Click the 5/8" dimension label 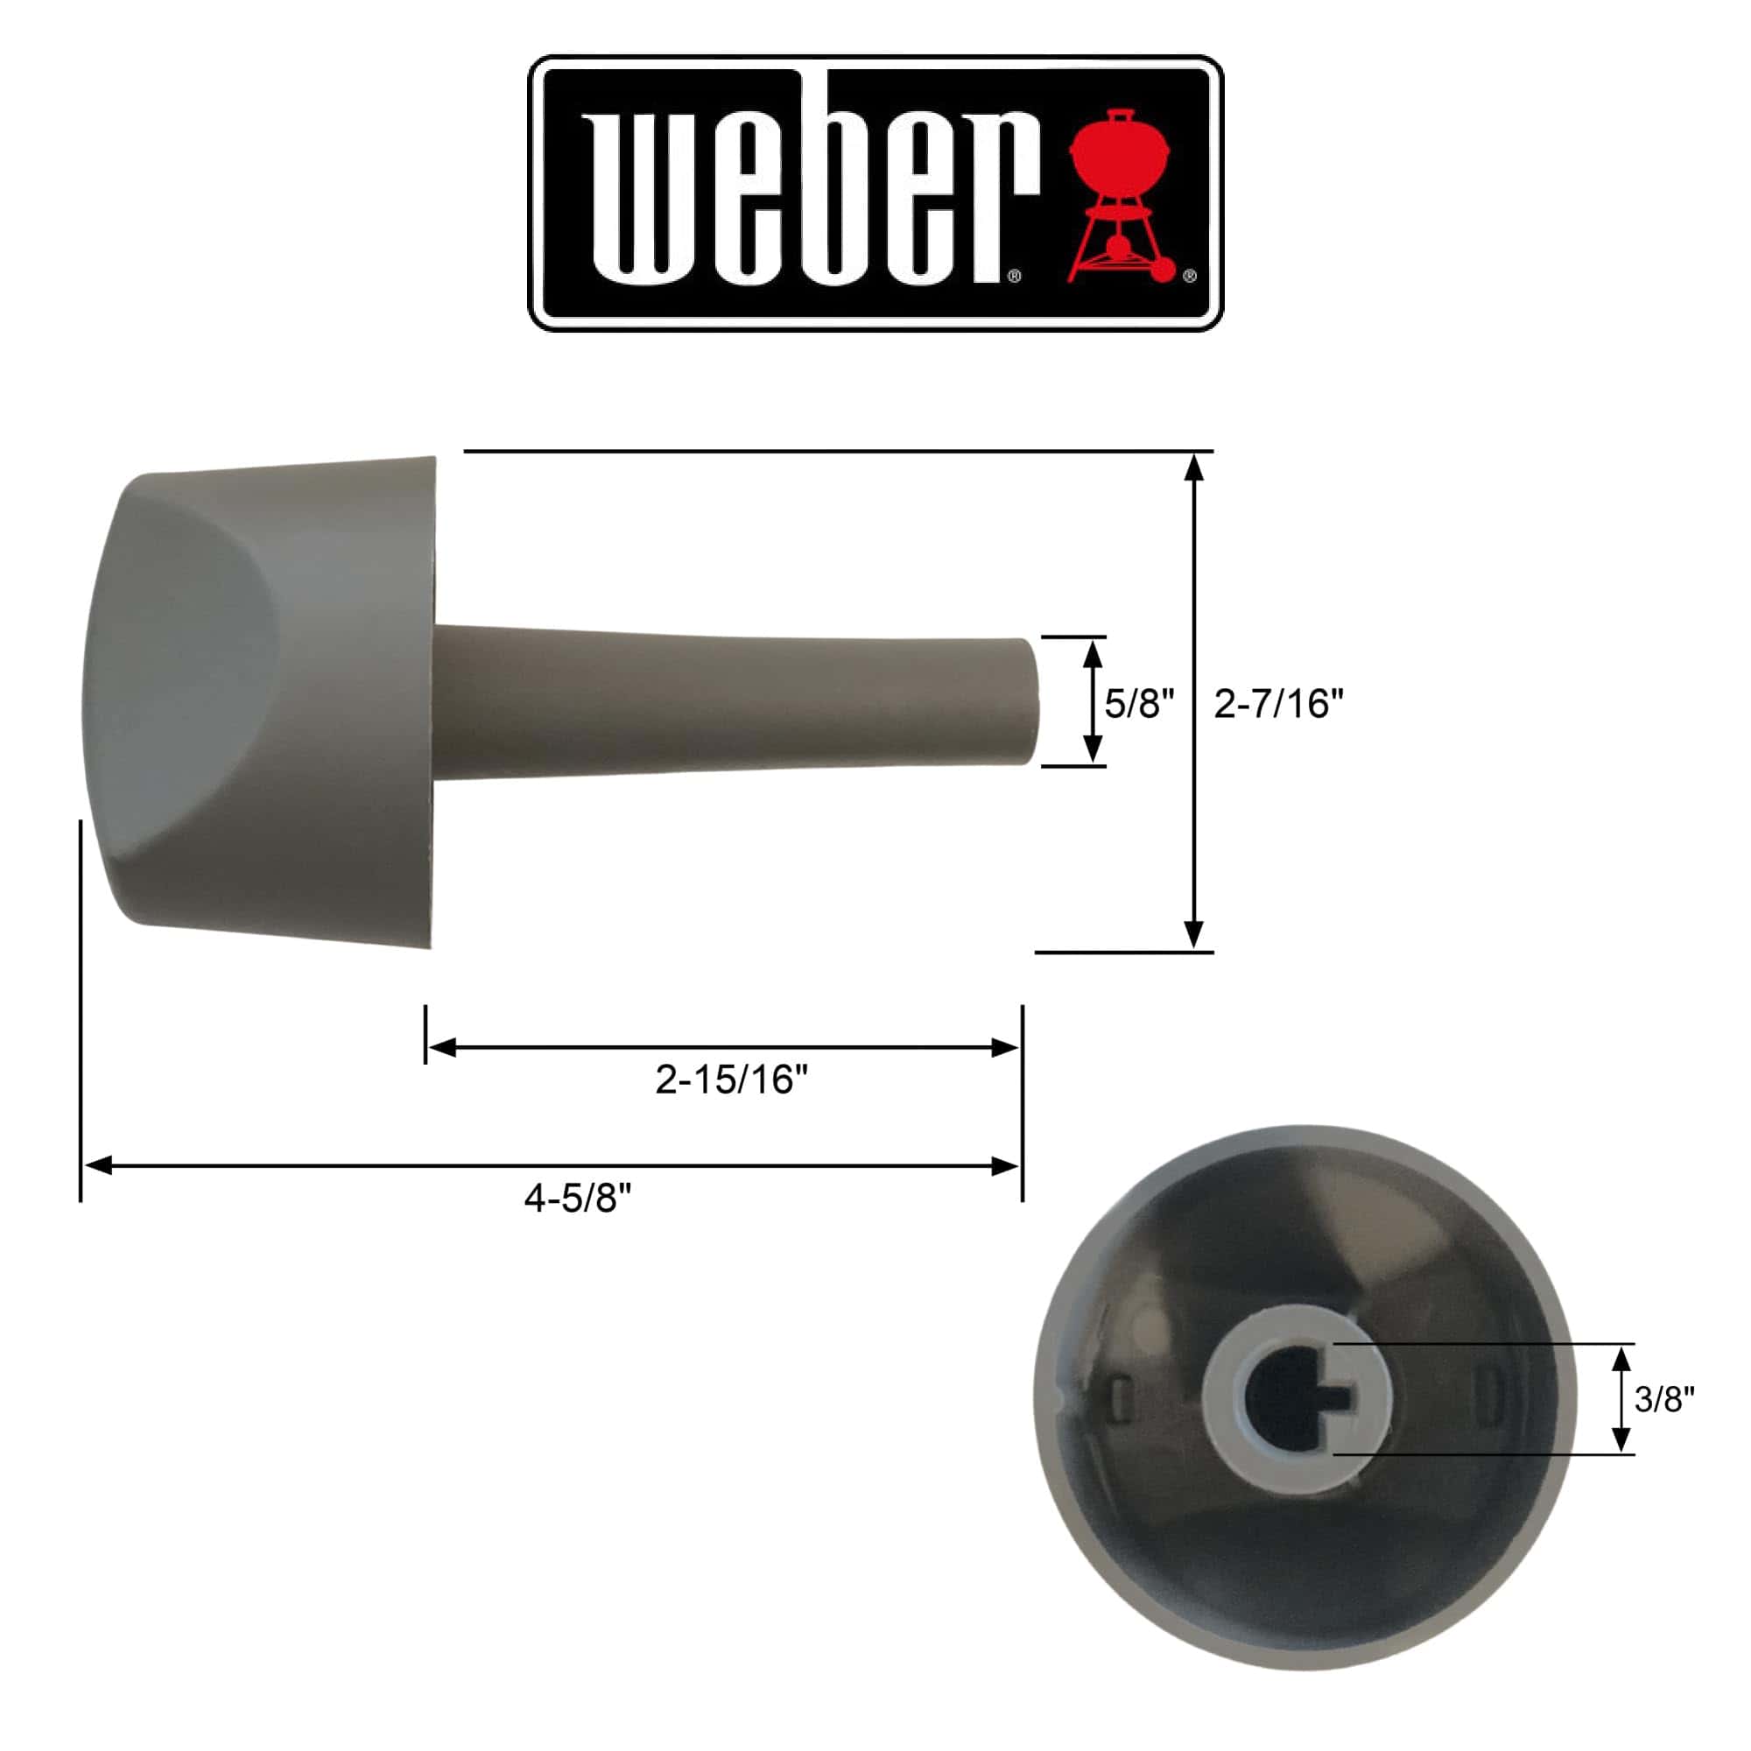pyautogui.click(x=1138, y=703)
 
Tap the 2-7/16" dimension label pyautogui.click(x=1278, y=703)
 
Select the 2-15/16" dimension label pyautogui.click(x=730, y=1079)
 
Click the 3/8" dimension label pyautogui.click(x=1664, y=1399)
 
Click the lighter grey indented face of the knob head pyautogui.click(x=181, y=679)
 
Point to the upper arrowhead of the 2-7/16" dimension pyautogui.click(x=1194, y=468)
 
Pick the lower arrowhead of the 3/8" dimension pyautogui.click(x=1622, y=1438)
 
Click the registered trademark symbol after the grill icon pyautogui.click(x=1190, y=277)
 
